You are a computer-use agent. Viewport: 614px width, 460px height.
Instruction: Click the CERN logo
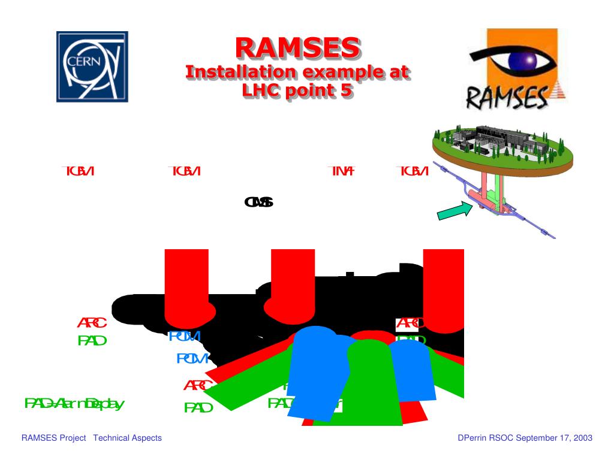click(92, 66)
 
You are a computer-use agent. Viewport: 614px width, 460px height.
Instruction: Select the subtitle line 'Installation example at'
click(297, 73)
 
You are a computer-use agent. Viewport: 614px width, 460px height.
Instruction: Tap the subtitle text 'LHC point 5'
click(297, 92)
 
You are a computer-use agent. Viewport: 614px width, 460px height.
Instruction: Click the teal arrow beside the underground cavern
click(455, 211)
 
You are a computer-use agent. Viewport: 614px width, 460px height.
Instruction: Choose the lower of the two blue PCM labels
click(192, 359)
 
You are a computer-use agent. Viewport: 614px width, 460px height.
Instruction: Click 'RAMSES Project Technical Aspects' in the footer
click(92, 438)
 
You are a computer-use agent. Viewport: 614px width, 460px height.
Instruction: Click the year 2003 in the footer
click(582, 438)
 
